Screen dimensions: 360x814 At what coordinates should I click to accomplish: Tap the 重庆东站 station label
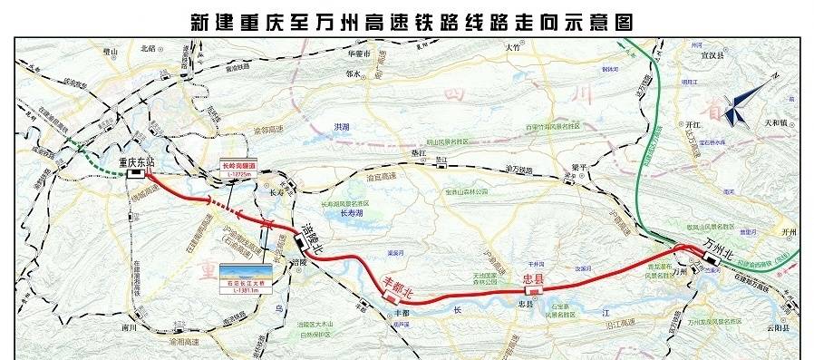(137, 164)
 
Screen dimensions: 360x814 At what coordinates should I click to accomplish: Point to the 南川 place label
(126, 323)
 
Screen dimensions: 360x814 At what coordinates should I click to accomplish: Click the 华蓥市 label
(362, 54)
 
